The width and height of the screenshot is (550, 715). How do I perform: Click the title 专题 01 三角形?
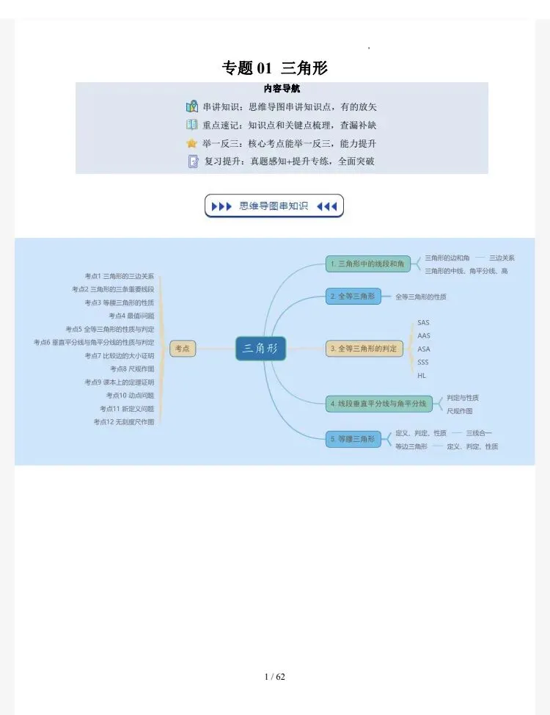pyautogui.click(x=274, y=68)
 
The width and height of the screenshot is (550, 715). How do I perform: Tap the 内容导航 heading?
pyautogui.click(x=281, y=90)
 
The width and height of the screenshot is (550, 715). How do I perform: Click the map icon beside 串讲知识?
pyautogui.click(x=192, y=106)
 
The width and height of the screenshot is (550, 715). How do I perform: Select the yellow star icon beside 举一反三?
pyautogui.click(x=192, y=143)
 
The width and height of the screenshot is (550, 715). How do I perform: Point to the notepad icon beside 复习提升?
pyautogui.click(x=193, y=161)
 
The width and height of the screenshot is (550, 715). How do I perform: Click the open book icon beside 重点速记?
pyautogui.click(x=192, y=125)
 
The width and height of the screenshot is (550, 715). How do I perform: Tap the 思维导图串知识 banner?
pyautogui.click(x=274, y=206)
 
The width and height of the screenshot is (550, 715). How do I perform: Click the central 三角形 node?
pyautogui.click(x=260, y=349)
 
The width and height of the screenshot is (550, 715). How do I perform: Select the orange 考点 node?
pyautogui.click(x=183, y=349)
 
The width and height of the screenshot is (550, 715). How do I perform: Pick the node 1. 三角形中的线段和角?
pyautogui.click(x=368, y=264)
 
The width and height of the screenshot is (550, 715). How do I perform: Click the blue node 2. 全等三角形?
pyautogui.click(x=353, y=297)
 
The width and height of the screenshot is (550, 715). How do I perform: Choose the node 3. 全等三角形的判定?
pyautogui.click(x=364, y=349)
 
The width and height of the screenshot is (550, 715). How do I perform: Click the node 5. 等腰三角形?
pyautogui.click(x=353, y=439)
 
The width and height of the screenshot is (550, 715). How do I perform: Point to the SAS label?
pyautogui.click(x=424, y=322)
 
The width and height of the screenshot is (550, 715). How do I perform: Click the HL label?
pyautogui.click(x=422, y=375)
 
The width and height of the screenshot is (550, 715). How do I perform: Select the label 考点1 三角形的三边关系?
pyautogui.click(x=120, y=276)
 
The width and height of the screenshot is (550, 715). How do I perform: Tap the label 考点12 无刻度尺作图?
pyautogui.click(x=124, y=422)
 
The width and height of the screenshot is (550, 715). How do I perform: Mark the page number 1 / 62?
pyautogui.click(x=275, y=677)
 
